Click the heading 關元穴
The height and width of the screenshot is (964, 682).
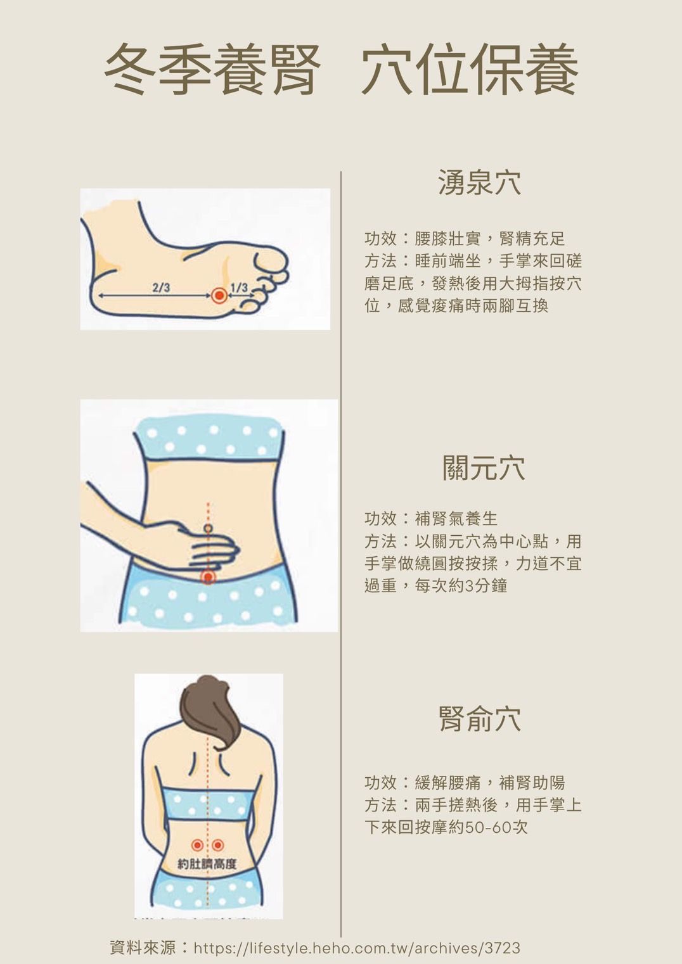pyautogui.click(x=484, y=468)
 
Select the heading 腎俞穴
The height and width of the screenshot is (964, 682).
pyautogui.click(x=480, y=719)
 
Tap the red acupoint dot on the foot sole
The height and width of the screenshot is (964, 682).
pyautogui.click(x=219, y=296)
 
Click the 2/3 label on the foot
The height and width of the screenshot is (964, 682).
pyautogui.click(x=161, y=288)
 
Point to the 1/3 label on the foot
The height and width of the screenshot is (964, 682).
pyautogui.click(x=239, y=288)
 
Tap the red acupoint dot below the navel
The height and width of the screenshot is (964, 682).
pyautogui.click(x=209, y=576)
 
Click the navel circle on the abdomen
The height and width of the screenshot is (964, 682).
pyautogui.click(x=208, y=528)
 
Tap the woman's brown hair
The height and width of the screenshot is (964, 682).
pyautogui.click(x=210, y=710)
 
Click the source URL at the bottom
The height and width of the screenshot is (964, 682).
pyautogui.click(x=357, y=948)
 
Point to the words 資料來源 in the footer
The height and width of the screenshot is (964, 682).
pyautogui.click(x=143, y=948)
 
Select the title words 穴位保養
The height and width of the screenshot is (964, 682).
pyautogui.click(x=470, y=69)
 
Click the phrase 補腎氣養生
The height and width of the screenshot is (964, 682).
pyautogui.click(x=456, y=519)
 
